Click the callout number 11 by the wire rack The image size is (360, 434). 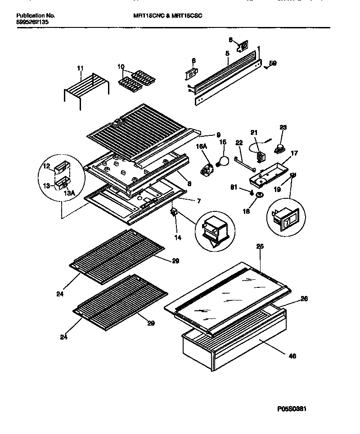(x=80, y=68)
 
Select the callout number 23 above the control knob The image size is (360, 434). (x=283, y=127)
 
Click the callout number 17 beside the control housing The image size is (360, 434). (x=294, y=153)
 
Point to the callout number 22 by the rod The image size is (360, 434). (x=238, y=143)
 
